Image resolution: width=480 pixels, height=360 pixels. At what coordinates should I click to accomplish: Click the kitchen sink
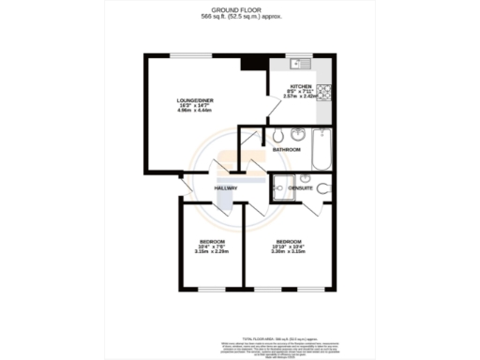click(x=301, y=64)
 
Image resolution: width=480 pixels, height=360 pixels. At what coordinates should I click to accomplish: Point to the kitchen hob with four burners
click(x=324, y=91)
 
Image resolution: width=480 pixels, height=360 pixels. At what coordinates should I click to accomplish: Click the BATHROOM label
click(x=286, y=150)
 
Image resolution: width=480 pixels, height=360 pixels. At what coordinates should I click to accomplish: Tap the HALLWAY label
click(x=226, y=188)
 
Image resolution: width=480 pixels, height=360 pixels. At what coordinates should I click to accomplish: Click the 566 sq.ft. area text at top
click(x=240, y=16)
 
